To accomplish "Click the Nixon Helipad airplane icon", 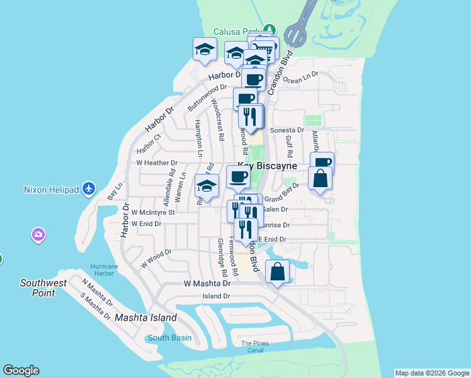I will (89, 188).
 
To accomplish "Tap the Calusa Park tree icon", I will (270, 30).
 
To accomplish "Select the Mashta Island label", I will (145, 318).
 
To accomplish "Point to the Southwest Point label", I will (43, 287).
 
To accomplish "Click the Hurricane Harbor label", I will (104, 270).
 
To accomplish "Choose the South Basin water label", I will (169, 338).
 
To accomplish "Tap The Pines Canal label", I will (255, 346).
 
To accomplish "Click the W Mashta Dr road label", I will (207, 284).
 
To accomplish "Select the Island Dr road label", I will (216, 296).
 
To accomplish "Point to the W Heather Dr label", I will (157, 163).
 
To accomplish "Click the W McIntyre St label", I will (152, 212).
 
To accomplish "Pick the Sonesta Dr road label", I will (287, 130).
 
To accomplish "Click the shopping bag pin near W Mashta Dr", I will (278, 272).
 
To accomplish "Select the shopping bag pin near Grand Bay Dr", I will (321, 178).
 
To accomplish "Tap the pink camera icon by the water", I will (38, 235).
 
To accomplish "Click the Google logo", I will (21, 370).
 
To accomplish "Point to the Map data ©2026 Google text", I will (431, 373).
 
